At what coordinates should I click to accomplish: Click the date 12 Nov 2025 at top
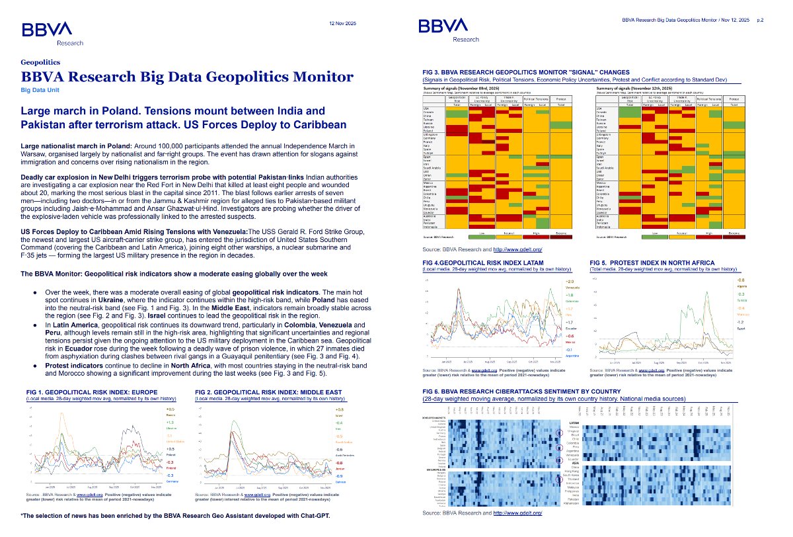(x=342, y=23)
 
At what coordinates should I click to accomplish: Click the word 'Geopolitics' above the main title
(x=40, y=62)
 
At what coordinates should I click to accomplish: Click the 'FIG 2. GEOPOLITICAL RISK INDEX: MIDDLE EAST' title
(x=270, y=392)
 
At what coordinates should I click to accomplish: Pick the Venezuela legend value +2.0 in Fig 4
(x=569, y=282)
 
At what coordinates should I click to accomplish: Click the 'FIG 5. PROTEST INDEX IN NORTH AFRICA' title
(x=652, y=263)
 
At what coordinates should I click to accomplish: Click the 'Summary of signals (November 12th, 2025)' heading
(x=636, y=87)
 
